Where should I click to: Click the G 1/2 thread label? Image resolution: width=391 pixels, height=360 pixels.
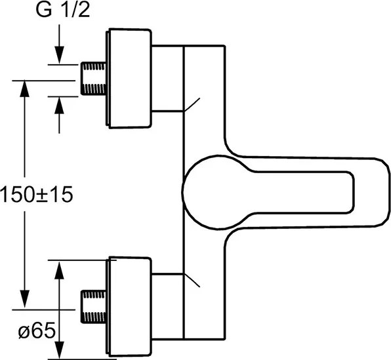pos(63,10)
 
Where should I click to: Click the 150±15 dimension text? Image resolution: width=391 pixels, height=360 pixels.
pos(37,195)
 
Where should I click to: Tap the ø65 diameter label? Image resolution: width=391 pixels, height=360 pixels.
pos(37,331)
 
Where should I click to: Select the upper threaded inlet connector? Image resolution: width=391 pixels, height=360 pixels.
pos(94,79)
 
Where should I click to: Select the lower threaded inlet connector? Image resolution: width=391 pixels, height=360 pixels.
pos(94,307)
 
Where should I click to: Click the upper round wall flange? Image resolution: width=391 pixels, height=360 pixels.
pos(129,79)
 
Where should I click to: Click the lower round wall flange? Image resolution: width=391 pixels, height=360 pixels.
pos(129,306)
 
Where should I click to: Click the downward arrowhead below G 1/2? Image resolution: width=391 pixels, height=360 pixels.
pos(59,55)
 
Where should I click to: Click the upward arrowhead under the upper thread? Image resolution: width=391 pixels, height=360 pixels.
pos(59,106)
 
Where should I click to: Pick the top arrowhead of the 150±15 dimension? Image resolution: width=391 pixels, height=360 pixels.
pos(24,89)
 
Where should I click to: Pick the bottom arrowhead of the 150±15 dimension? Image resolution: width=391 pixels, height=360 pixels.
pos(24,299)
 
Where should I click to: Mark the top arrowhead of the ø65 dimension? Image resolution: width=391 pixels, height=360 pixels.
pos(59,270)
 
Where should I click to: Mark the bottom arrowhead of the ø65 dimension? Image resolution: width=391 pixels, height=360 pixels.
pos(59,350)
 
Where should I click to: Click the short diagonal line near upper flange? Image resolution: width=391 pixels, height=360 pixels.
pos(192,105)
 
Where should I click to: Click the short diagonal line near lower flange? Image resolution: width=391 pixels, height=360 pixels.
pos(192,281)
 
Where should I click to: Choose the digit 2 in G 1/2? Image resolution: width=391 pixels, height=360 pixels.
pos(84,10)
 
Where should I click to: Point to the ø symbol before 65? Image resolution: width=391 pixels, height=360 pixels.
pos(24,332)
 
